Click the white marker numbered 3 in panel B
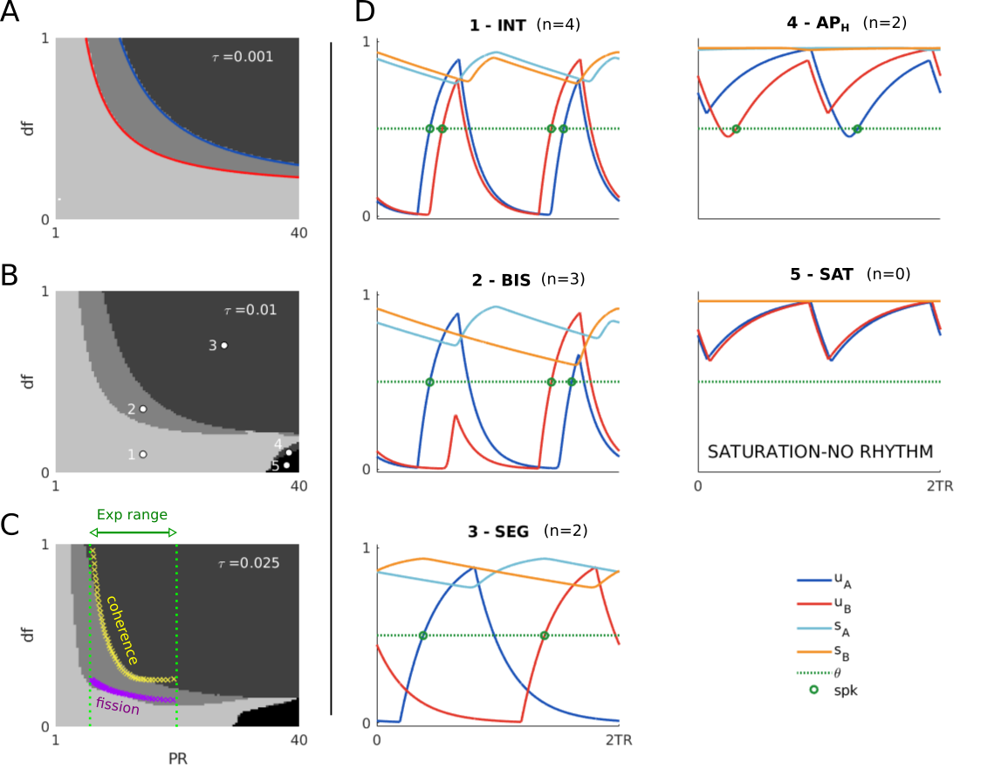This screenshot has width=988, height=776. tap(224, 346)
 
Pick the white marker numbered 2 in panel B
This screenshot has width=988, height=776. tap(143, 409)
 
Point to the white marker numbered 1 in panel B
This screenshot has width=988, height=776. tap(143, 454)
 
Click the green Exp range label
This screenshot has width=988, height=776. tap(133, 515)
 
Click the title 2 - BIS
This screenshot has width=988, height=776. tap(497, 280)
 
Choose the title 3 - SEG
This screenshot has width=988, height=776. tap(497, 532)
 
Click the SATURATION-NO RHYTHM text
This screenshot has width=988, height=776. tap(819, 452)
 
